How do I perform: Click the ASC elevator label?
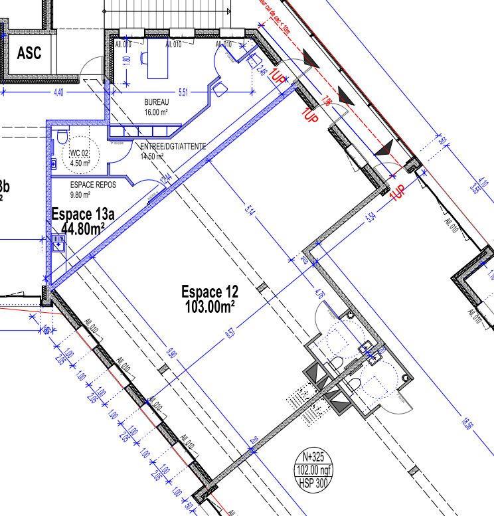coord(29,52)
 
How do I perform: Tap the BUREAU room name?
coord(157,103)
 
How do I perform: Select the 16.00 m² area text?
coord(157,112)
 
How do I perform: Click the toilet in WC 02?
coord(62,137)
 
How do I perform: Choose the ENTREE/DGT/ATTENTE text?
coord(173,146)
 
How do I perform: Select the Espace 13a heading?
coord(83,215)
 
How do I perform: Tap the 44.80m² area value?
coord(83,228)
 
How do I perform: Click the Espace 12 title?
coord(209,292)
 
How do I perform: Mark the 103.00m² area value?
coord(209,305)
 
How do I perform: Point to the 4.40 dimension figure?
coord(58,93)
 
